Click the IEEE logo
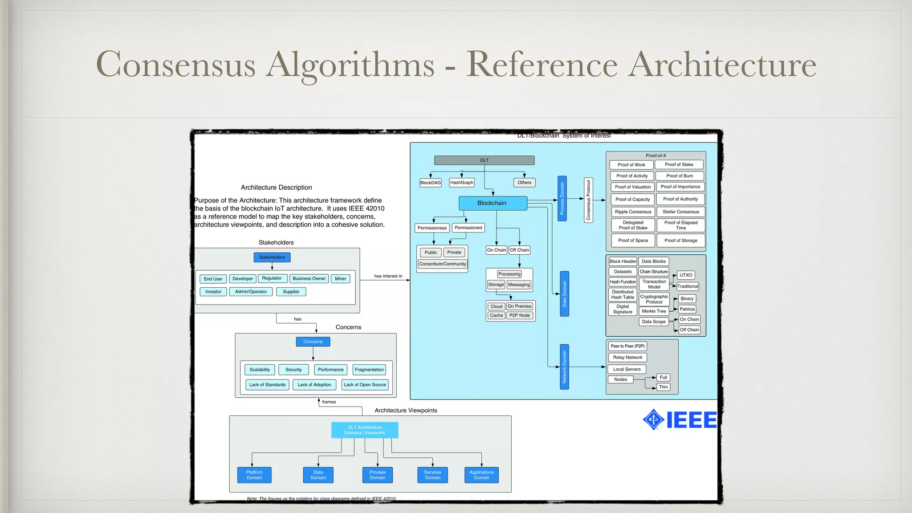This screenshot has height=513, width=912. click(x=680, y=419)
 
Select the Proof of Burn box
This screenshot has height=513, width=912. click(x=680, y=176)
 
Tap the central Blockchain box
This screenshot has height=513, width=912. click(x=493, y=203)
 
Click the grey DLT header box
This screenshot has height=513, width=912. click(x=484, y=160)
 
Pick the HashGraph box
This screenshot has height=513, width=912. click(x=462, y=183)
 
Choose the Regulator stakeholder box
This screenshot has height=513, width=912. click(x=272, y=278)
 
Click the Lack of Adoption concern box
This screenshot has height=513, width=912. click(x=314, y=385)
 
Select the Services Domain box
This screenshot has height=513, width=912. click(x=432, y=475)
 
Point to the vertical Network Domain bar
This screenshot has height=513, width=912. click(x=564, y=367)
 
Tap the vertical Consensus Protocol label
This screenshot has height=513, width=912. click(x=588, y=200)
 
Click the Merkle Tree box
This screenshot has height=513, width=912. click(x=654, y=311)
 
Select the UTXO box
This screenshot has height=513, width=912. click(x=686, y=275)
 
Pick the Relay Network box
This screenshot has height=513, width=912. click(x=627, y=357)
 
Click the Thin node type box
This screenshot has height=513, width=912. click(x=663, y=387)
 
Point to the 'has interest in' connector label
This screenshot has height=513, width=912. click(x=388, y=276)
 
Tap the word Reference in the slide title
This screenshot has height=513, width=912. click(x=541, y=65)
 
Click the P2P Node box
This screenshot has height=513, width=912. click(x=520, y=315)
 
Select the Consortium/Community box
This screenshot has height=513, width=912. click(x=443, y=264)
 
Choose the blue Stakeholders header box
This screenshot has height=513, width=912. click(x=272, y=257)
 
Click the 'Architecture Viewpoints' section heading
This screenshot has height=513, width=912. click(x=406, y=411)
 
